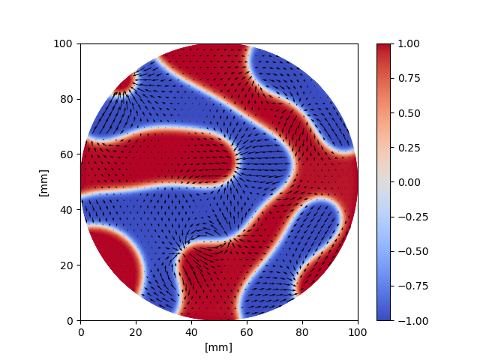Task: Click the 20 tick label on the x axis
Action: (136, 331)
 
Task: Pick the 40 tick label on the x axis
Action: (191, 331)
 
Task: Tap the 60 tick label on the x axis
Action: (247, 331)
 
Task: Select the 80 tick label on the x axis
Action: (302, 331)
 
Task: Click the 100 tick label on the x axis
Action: (358, 331)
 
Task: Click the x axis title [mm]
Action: (219, 346)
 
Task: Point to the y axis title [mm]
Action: (43, 182)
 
